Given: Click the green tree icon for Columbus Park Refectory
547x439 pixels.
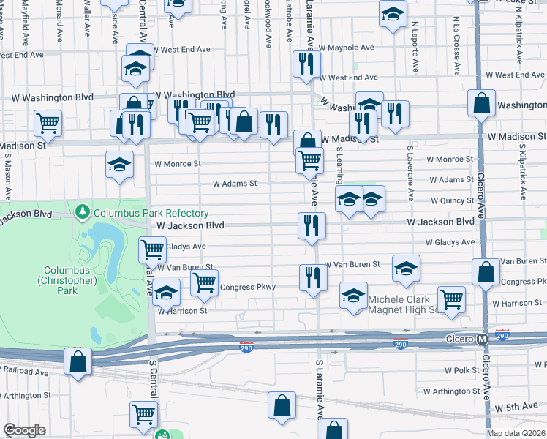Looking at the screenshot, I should [x=82, y=213].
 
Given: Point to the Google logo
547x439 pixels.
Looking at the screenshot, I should [x=24, y=430].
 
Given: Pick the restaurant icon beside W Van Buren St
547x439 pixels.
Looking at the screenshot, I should [x=313, y=278].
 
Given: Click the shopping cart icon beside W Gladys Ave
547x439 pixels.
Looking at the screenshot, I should [x=152, y=249].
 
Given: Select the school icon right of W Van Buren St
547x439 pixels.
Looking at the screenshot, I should [x=406, y=269].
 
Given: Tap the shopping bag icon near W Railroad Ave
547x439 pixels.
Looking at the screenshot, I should [x=78, y=361].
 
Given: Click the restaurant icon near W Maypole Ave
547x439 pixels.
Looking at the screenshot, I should [x=306, y=64].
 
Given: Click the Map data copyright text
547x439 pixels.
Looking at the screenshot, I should [x=517, y=433].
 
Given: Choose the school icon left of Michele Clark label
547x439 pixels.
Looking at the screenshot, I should [x=354, y=296].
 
